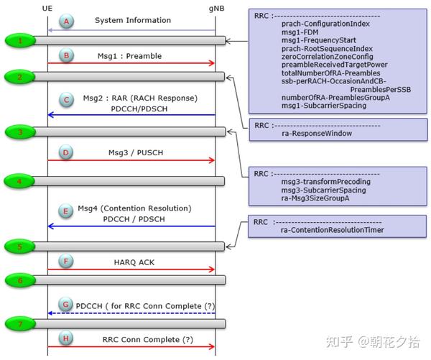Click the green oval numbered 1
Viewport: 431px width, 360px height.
click(x=21, y=41)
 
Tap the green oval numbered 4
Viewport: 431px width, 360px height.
click(x=21, y=180)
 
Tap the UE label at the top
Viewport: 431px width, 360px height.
click(x=48, y=6)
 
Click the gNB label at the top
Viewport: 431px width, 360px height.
click(x=215, y=6)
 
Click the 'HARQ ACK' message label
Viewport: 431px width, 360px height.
click(x=130, y=263)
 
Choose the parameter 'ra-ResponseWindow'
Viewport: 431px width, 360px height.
click(x=315, y=134)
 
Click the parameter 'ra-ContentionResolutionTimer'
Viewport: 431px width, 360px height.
click(x=333, y=230)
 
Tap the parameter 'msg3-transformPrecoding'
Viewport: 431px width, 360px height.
click(x=326, y=182)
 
